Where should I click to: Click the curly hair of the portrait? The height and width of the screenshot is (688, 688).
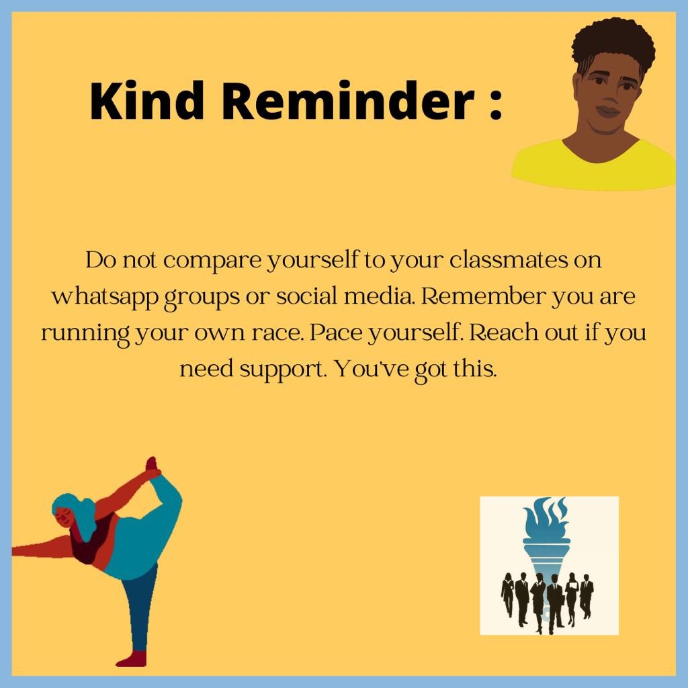coord(613,43)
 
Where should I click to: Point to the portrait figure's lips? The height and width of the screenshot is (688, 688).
coord(608,110)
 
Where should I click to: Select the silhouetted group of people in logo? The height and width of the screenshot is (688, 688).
coord(548,598)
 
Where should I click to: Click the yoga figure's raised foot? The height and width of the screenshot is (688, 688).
coord(152,465)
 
